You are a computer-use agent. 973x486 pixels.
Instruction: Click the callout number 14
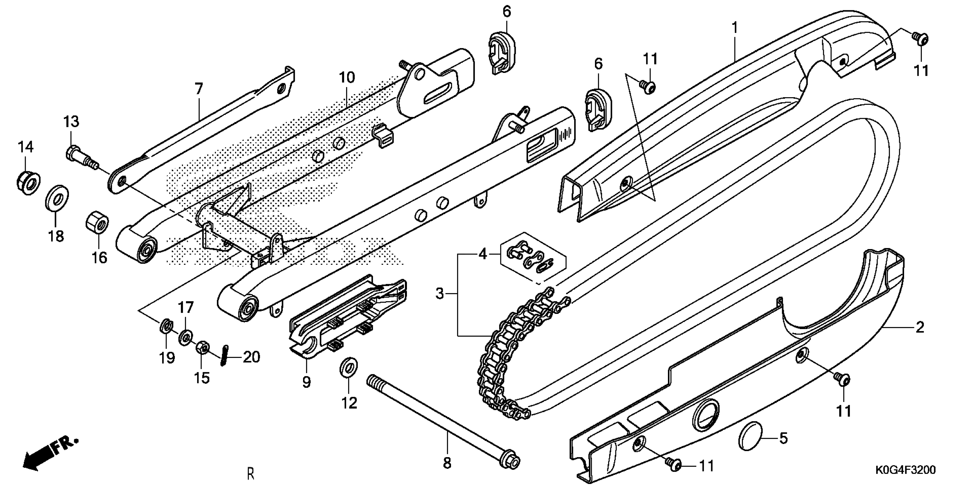(x=26, y=146)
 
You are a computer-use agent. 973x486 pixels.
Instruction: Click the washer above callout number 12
(x=349, y=367)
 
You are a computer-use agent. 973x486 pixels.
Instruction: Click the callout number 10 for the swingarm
(x=347, y=77)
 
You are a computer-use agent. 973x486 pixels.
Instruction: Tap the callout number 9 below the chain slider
(x=306, y=382)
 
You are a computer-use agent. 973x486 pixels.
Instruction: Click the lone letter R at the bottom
(x=250, y=474)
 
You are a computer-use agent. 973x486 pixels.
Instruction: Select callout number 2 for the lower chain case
(x=920, y=327)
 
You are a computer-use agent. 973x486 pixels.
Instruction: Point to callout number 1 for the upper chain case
(x=735, y=27)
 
